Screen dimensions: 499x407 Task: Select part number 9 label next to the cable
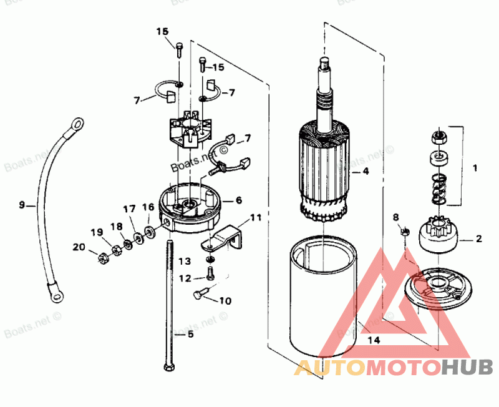click(x=22, y=204)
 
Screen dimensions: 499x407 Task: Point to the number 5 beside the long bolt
click(x=190, y=334)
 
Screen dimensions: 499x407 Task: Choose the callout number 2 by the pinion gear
click(x=478, y=238)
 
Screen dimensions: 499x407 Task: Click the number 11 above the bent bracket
click(x=256, y=217)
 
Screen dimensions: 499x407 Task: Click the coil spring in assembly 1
click(x=439, y=189)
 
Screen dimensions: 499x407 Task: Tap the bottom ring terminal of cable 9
click(x=55, y=293)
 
